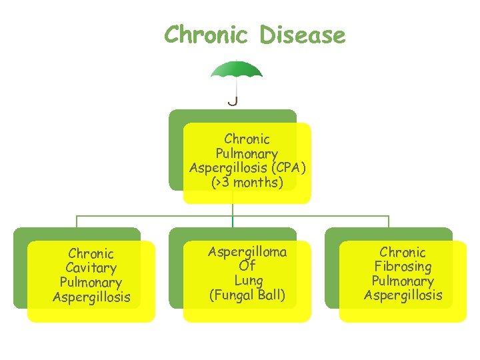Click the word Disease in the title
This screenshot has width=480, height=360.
pyautogui.click(x=303, y=35)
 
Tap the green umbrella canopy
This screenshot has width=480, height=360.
pyautogui.click(x=236, y=69)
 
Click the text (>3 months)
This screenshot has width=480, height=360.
pyautogui.click(x=247, y=183)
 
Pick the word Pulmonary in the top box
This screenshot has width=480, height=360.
pyautogui.click(x=247, y=154)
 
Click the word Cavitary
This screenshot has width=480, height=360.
pyautogui.click(x=91, y=268)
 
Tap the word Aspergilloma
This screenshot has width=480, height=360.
pyautogui.click(x=247, y=252)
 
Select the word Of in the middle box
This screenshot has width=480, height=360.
pyautogui.click(x=247, y=266)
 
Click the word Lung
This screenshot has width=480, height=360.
pyautogui.click(x=248, y=281)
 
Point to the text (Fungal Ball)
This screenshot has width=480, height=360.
pyautogui.click(x=247, y=295)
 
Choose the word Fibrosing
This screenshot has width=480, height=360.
pyautogui.click(x=403, y=267)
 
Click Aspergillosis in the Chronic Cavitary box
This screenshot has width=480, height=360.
pyautogui.click(x=91, y=297)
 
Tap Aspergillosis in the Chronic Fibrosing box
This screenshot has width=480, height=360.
pyautogui.click(x=403, y=295)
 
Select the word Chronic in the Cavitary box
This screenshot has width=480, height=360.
pyautogui.click(x=91, y=253)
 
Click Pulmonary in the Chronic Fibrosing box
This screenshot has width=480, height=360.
pyautogui.click(x=403, y=281)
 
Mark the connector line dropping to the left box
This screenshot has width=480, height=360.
pyautogui.click(x=77, y=222)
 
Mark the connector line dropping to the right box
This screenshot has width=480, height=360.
pyautogui.click(x=389, y=222)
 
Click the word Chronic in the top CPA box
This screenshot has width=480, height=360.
pyautogui.click(x=247, y=139)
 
